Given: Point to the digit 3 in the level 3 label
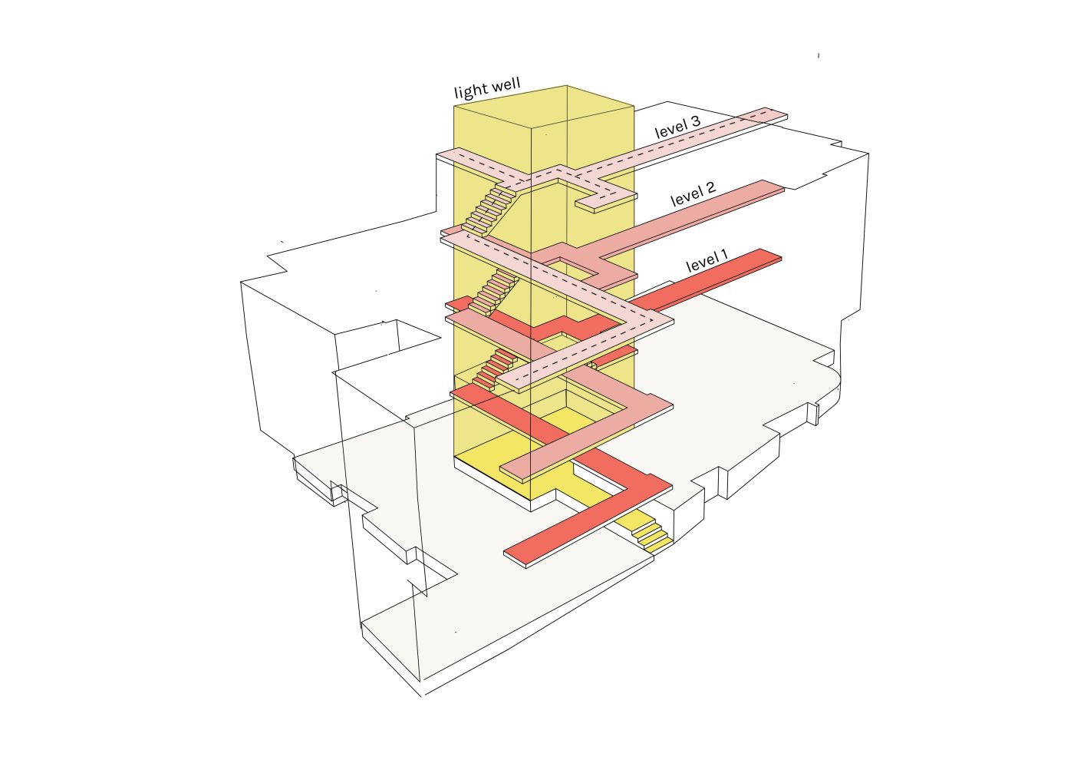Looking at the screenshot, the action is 695,121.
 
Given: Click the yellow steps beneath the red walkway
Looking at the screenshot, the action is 652,534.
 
